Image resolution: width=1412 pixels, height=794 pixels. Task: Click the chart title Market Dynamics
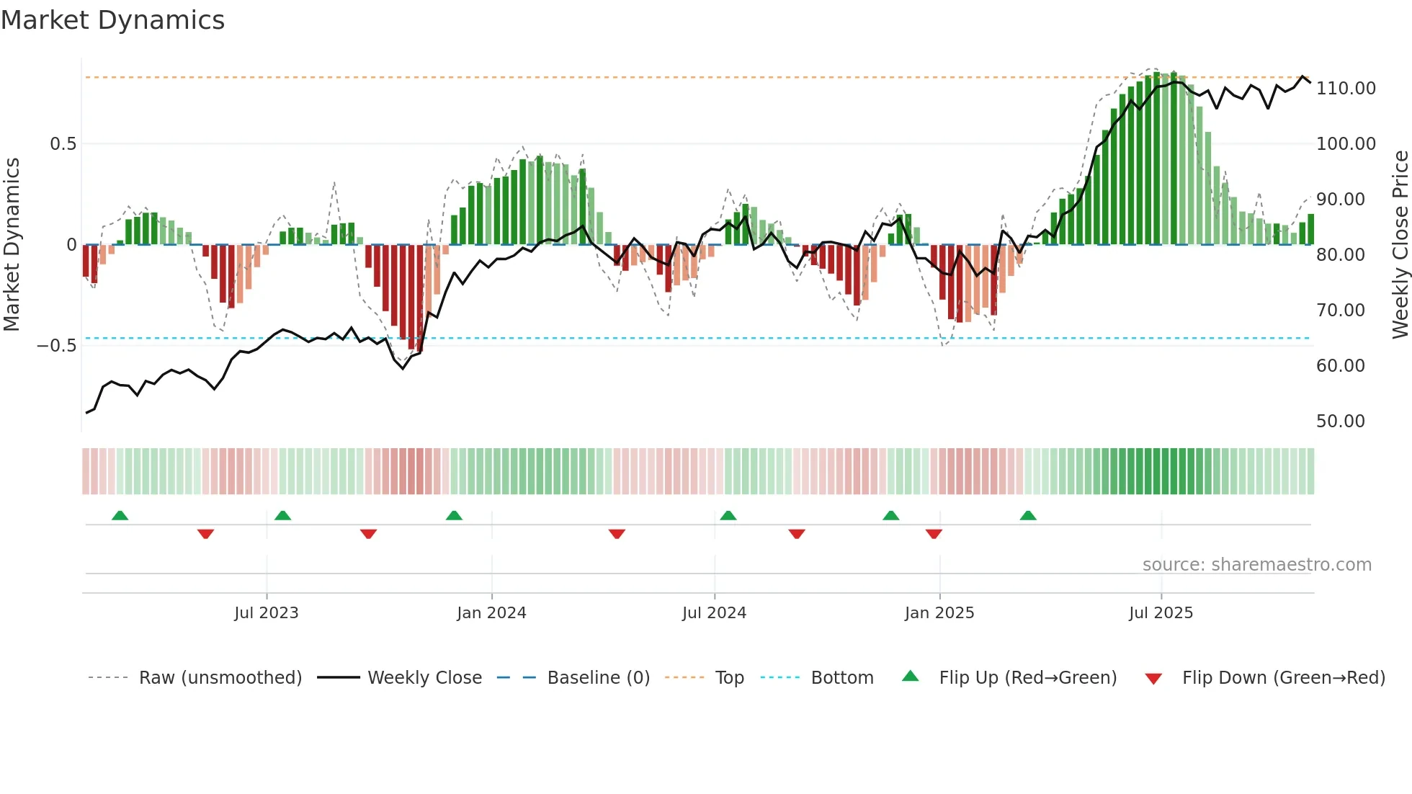point(113,20)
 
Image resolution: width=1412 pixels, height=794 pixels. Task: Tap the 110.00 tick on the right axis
point(1346,89)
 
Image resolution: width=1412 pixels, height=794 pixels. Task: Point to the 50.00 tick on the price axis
point(1340,421)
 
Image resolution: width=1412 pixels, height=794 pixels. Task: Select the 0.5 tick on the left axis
point(63,144)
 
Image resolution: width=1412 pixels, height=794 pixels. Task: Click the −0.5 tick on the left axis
point(57,346)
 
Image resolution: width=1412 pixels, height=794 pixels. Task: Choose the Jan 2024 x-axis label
point(491,613)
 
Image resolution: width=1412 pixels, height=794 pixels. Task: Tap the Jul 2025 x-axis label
point(1161,613)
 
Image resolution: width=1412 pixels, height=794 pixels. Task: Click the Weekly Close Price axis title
point(1400,245)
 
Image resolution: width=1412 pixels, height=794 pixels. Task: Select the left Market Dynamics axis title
point(12,245)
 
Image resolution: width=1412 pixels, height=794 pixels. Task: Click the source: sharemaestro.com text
point(1256,565)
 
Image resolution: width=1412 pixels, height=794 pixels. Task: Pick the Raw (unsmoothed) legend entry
point(220,678)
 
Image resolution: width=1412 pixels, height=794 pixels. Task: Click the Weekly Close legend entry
point(424,678)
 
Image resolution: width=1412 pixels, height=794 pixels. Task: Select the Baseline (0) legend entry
point(598,678)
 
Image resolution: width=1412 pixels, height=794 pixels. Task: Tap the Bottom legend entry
point(841,678)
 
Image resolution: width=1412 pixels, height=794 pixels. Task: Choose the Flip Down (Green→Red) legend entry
point(1283,678)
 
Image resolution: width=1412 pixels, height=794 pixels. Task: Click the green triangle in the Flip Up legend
point(911,677)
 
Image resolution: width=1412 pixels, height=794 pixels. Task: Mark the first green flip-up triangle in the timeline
point(120,516)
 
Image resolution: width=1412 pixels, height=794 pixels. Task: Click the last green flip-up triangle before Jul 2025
point(1028,516)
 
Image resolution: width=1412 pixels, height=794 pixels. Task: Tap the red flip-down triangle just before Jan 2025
point(934,534)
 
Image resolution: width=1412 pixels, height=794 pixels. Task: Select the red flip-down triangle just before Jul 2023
point(205,534)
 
